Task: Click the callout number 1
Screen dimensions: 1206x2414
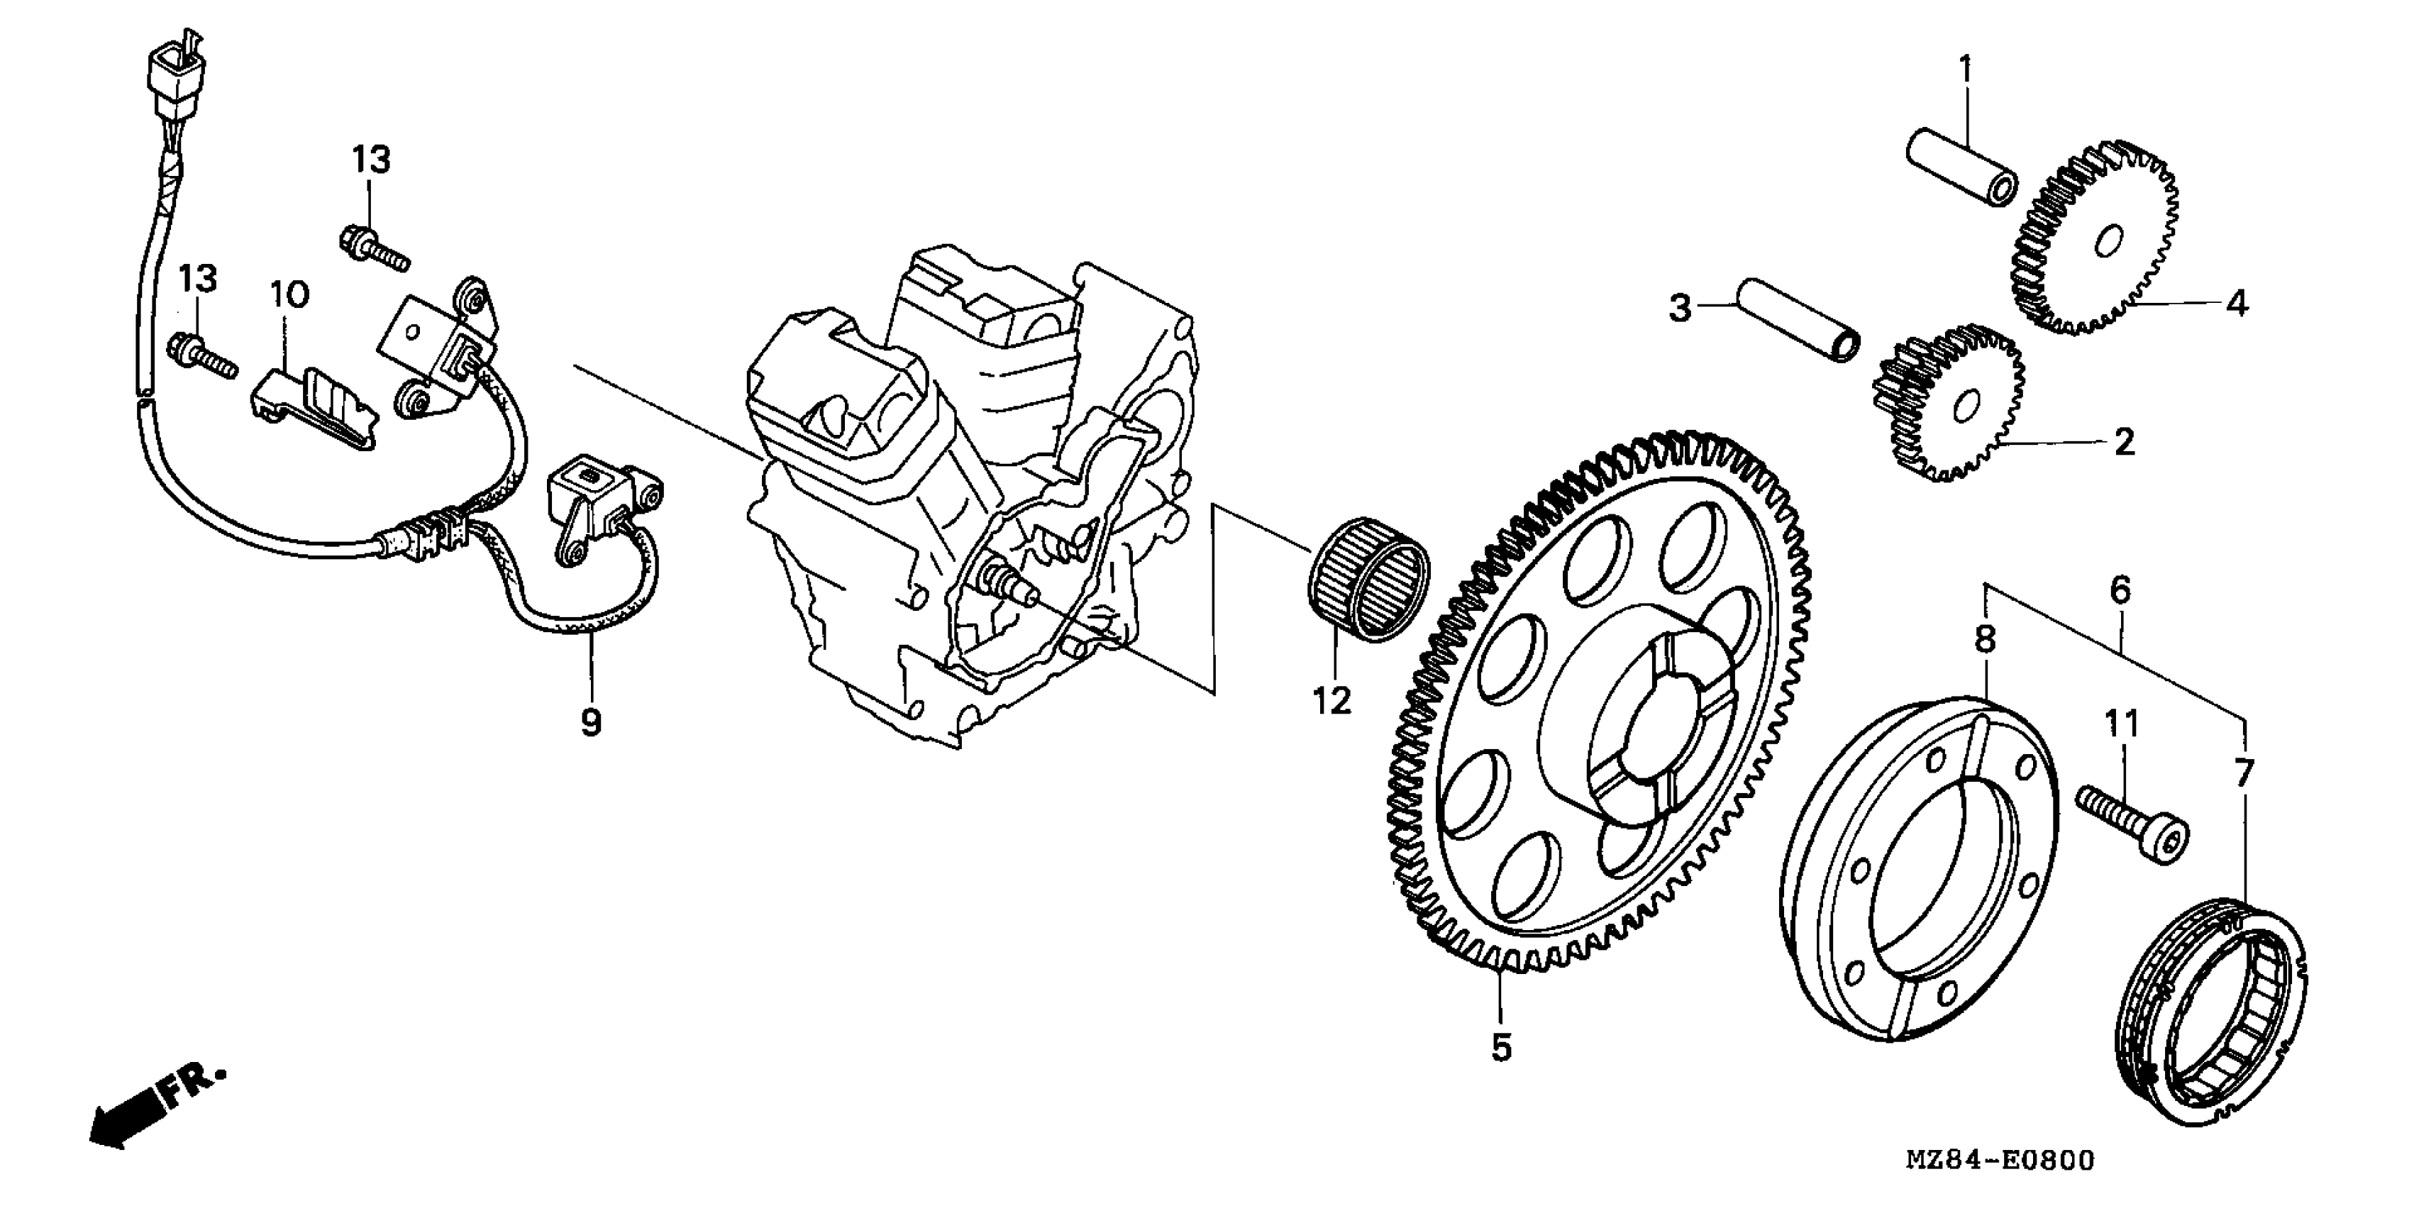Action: (1965, 70)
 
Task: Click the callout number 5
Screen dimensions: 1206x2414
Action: (1501, 1046)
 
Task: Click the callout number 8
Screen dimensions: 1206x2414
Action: (1985, 639)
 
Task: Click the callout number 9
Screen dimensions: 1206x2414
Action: (590, 721)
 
